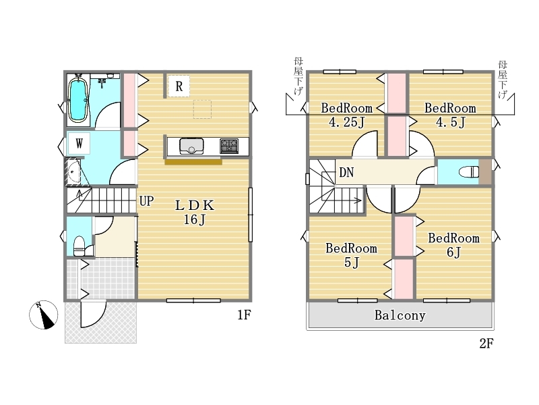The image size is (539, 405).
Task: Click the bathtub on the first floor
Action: pyautogui.click(x=78, y=99)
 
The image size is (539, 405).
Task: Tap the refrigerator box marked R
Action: pyautogui.click(x=179, y=86)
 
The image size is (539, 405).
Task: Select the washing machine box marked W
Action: pyautogui.click(x=79, y=143)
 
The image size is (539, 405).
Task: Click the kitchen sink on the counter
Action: pyautogui.click(x=191, y=146)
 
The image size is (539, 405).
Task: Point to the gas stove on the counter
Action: pyautogui.click(x=229, y=146)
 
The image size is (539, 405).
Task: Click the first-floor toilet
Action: pyautogui.click(x=80, y=246)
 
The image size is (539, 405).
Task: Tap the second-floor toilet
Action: pyautogui.click(x=469, y=171)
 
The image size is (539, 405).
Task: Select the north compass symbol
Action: pyautogui.click(x=44, y=315)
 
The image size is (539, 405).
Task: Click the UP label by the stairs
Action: pyautogui.click(x=146, y=200)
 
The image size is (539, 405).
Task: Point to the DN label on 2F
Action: pyautogui.click(x=346, y=172)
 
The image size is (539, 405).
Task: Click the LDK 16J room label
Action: pyautogui.click(x=195, y=212)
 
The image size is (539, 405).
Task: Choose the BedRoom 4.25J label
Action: pyautogui.click(x=346, y=115)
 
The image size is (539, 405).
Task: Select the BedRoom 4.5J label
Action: pyautogui.click(x=450, y=115)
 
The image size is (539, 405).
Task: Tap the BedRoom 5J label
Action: pyautogui.click(x=351, y=255)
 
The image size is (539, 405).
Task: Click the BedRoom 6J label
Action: pyautogui.click(x=453, y=245)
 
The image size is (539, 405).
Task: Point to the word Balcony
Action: pyautogui.click(x=400, y=315)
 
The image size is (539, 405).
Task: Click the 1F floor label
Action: pyautogui.click(x=244, y=315)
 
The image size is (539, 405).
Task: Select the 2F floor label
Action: pyautogui.click(x=486, y=344)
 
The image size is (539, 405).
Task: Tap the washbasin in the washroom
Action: pyautogui.click(x=73, y=171)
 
